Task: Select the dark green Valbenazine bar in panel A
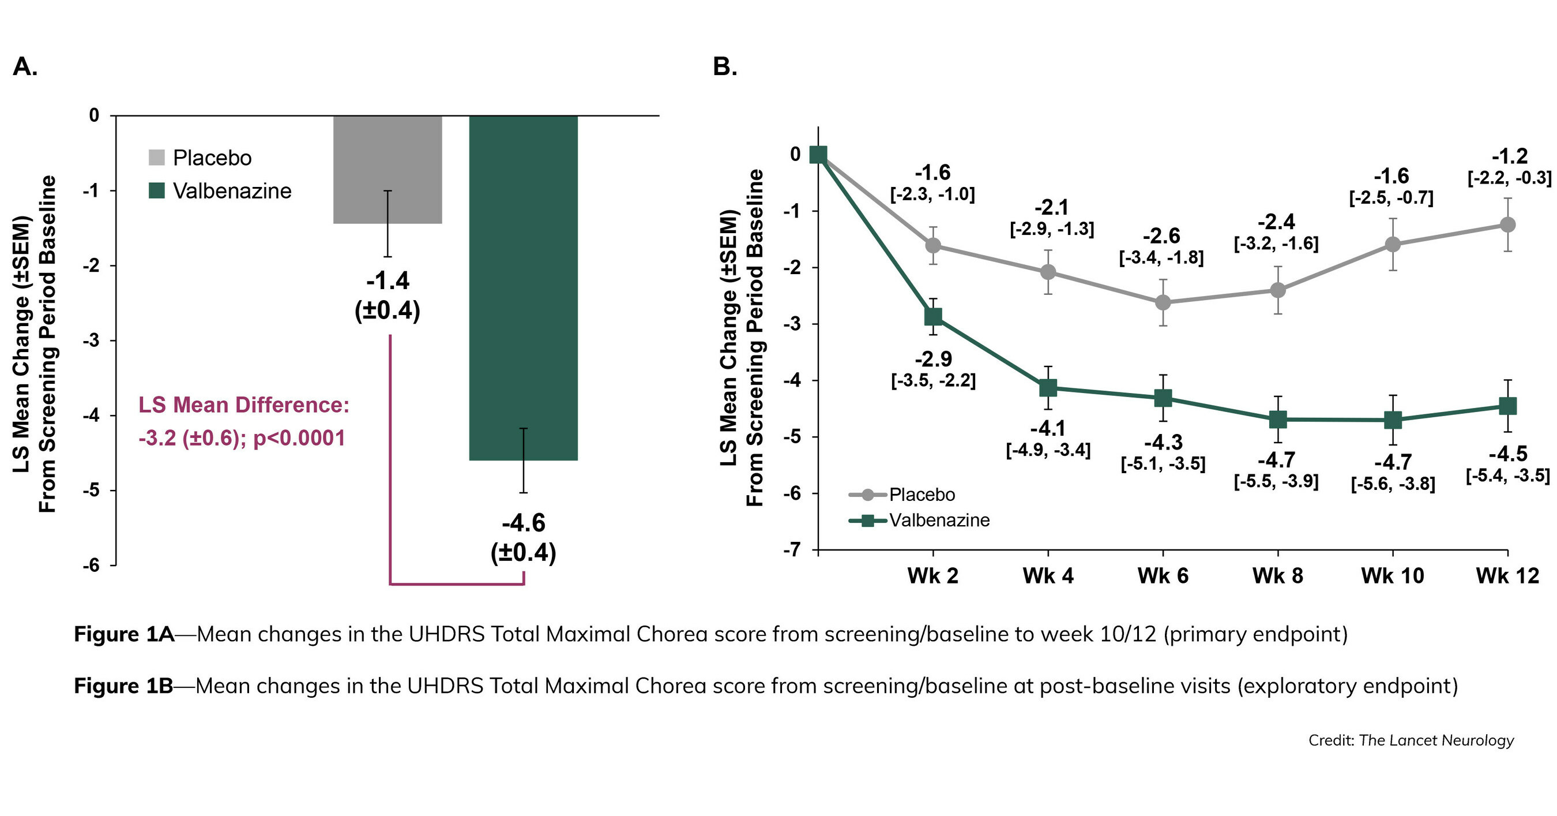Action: (x=524, y=285)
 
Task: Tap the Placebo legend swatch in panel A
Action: (x=156, y=158)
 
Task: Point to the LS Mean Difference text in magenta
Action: (x=243, y=405)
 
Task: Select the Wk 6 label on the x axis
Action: (x=1163, y=575)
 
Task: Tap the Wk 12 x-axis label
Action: (x=1507, y=575)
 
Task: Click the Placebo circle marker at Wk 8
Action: (x=1278, y=290)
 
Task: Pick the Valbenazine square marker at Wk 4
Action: (x=1048, y=387)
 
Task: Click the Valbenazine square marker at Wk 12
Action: (x=1508, y=406)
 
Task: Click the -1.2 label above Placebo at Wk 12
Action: (x=1509, y=156)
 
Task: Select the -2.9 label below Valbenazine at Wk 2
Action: (x=933, y=360)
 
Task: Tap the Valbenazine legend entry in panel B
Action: (x=939, y=520)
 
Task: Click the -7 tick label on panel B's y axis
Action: (x=792, y=550)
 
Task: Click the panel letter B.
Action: (x=725, y=66)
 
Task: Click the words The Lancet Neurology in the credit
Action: (x=1436, y=740)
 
